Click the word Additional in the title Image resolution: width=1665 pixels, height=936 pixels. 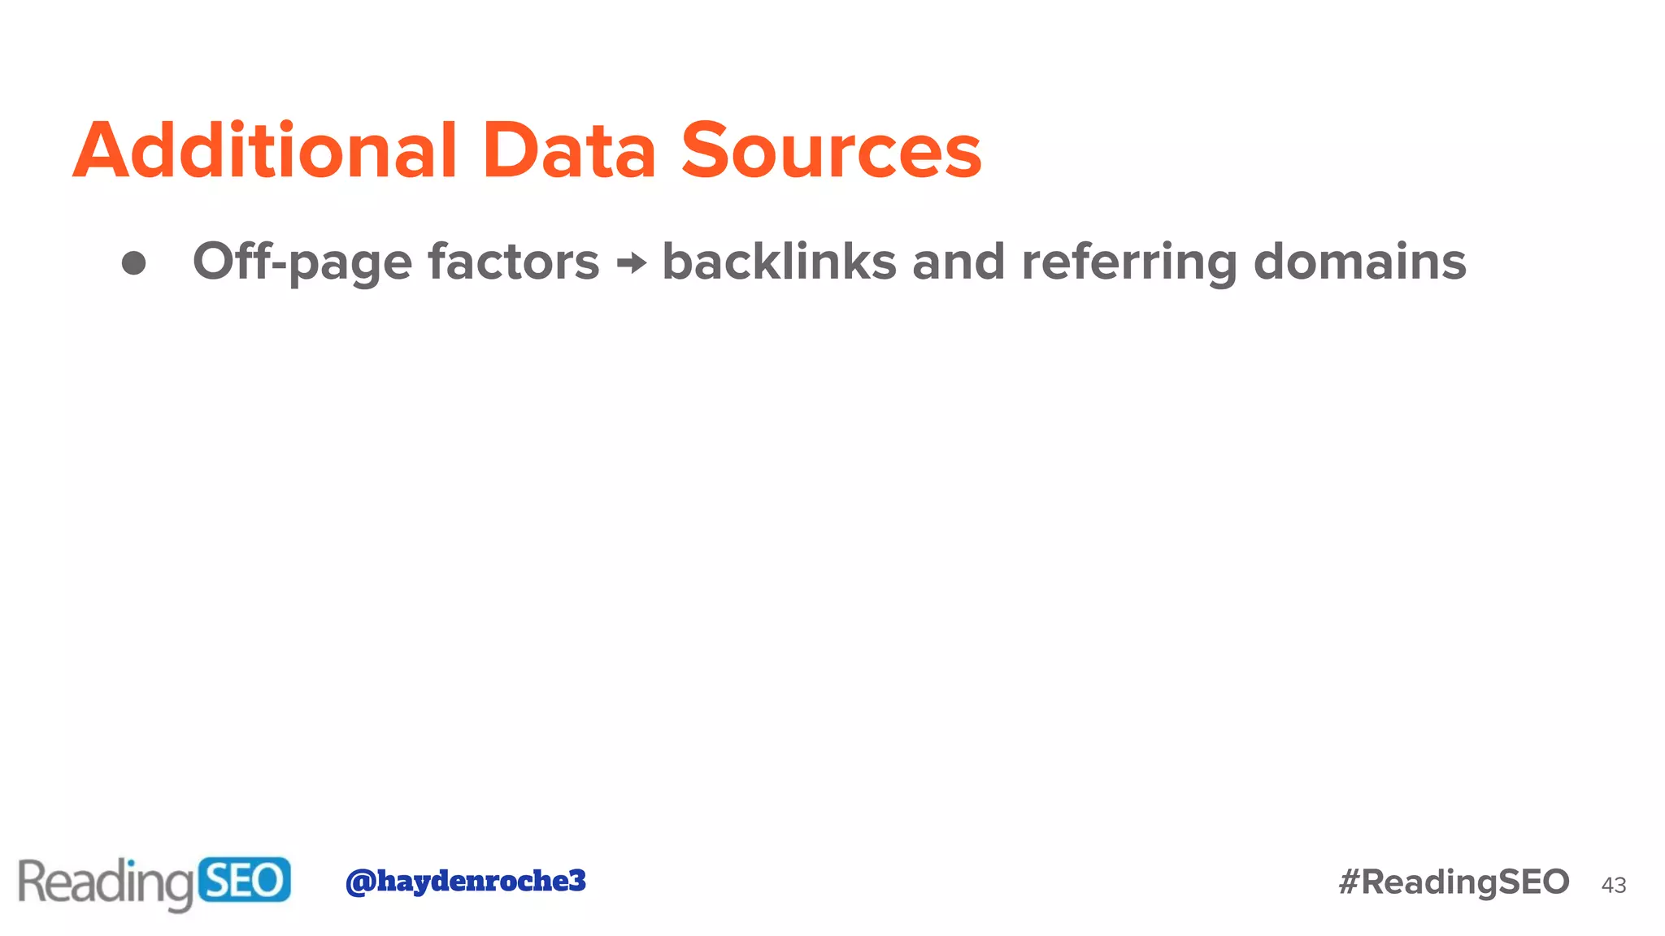(266, 150)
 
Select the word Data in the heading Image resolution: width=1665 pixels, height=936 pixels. (568, 150)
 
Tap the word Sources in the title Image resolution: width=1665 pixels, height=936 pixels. (831, 150)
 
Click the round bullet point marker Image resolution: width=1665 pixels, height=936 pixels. (133, 262)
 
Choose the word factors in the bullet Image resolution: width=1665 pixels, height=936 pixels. (513, 262)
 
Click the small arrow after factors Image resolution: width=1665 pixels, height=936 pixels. (632, 262)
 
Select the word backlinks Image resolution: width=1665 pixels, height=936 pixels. (779, 262)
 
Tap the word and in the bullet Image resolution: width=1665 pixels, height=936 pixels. (958, 262)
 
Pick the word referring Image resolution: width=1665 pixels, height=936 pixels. (1128, 262)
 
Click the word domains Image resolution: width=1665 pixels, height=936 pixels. (1359, 262)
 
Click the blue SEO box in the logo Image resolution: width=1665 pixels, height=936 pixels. (244, 880)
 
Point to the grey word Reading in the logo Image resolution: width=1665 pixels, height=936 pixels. (106, 882)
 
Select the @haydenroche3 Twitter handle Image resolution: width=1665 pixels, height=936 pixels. (465, 881)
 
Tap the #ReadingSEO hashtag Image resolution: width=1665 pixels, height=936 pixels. (1454, 882)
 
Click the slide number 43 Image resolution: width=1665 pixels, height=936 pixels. (1613, 885)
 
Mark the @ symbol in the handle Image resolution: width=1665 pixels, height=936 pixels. (359, 882)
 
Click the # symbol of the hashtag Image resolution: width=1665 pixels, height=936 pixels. (1350, 882)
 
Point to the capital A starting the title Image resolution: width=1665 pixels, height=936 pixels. (101, 150)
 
